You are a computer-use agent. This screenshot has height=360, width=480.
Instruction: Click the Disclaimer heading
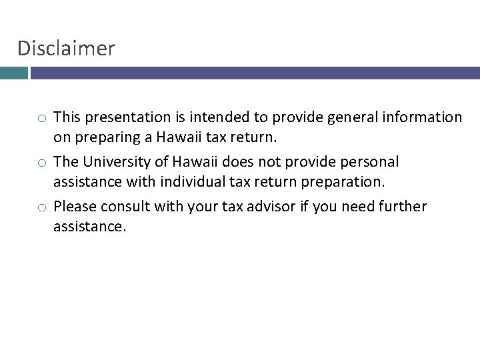coord(66,48)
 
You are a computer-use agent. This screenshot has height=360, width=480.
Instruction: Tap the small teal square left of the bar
coord(13,72)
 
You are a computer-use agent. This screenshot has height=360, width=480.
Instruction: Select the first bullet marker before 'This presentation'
coord(41,119)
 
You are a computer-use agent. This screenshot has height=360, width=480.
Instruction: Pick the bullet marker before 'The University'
coord(41,163)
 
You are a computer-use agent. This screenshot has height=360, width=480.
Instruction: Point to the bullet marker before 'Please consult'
coord(41,207)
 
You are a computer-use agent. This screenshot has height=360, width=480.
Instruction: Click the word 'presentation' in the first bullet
coord(125,118)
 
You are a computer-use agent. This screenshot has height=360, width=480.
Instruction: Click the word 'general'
coord(345,118)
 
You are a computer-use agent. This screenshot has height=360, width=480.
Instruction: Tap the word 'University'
coord(113,162)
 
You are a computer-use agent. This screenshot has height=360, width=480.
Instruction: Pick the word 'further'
coord(402,207)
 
